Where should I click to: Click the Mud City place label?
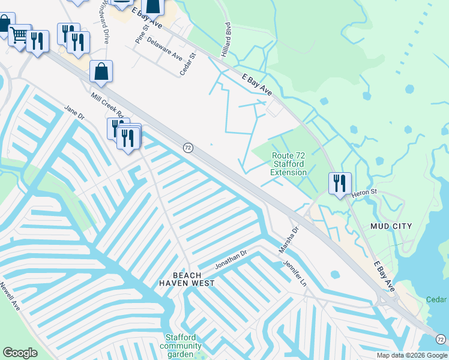391,226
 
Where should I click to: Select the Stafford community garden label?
184,346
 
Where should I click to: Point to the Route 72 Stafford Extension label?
288,164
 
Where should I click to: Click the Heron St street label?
363,192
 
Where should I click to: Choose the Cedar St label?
188,64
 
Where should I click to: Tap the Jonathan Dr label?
231,260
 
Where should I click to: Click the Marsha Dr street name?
288,239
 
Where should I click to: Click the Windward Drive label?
104,21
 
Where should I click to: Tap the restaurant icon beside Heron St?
340,182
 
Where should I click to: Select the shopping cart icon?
20,37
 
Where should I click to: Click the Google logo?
20,353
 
